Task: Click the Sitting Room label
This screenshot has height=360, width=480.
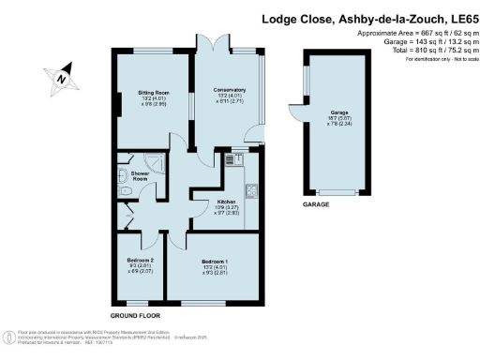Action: [x=155, y=94]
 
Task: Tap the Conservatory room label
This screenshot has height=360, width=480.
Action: [x=229, y=90]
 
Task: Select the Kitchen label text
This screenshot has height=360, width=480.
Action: [x=228, y=201]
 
